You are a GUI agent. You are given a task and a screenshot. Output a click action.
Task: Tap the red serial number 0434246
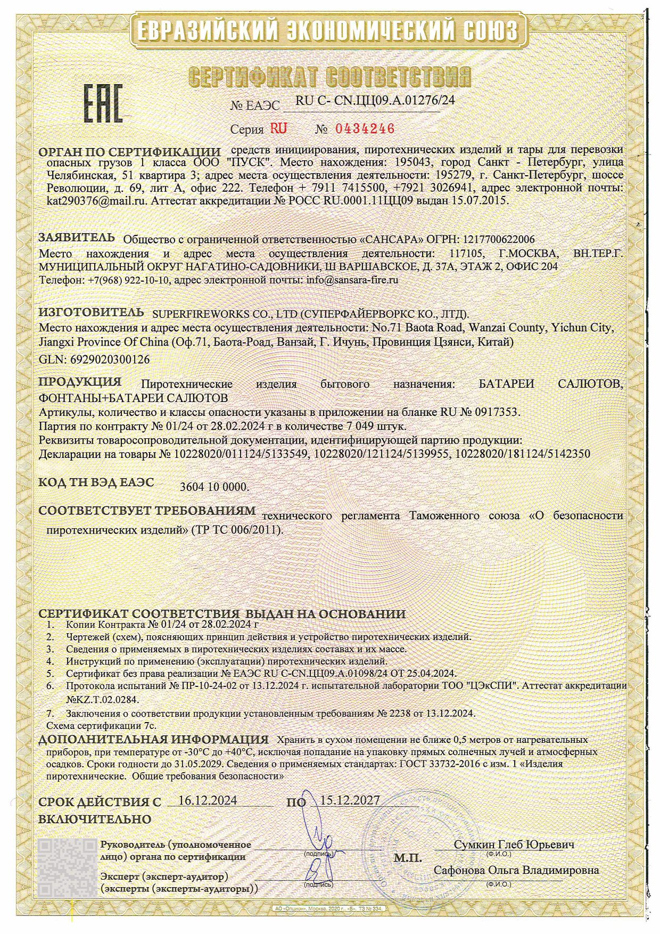(365, 129)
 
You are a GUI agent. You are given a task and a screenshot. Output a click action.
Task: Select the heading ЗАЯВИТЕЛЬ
(77, 237)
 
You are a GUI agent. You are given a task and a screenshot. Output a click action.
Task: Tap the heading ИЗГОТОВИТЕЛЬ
(91, 312)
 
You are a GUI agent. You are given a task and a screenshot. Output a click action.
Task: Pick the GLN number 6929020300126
(110, 359)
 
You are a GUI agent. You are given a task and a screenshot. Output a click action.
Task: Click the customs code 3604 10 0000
(214, 487)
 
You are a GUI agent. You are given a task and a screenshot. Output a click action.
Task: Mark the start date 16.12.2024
(208, 800)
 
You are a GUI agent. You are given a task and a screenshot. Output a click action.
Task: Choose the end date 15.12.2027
(350, 800)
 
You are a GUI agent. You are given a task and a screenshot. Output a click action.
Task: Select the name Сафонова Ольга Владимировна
(516, 870)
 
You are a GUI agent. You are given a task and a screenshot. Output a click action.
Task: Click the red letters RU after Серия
(279, 129)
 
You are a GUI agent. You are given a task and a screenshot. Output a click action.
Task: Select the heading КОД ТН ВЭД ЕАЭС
(96, 482)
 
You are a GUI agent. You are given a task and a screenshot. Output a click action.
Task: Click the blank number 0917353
(494, 412)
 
